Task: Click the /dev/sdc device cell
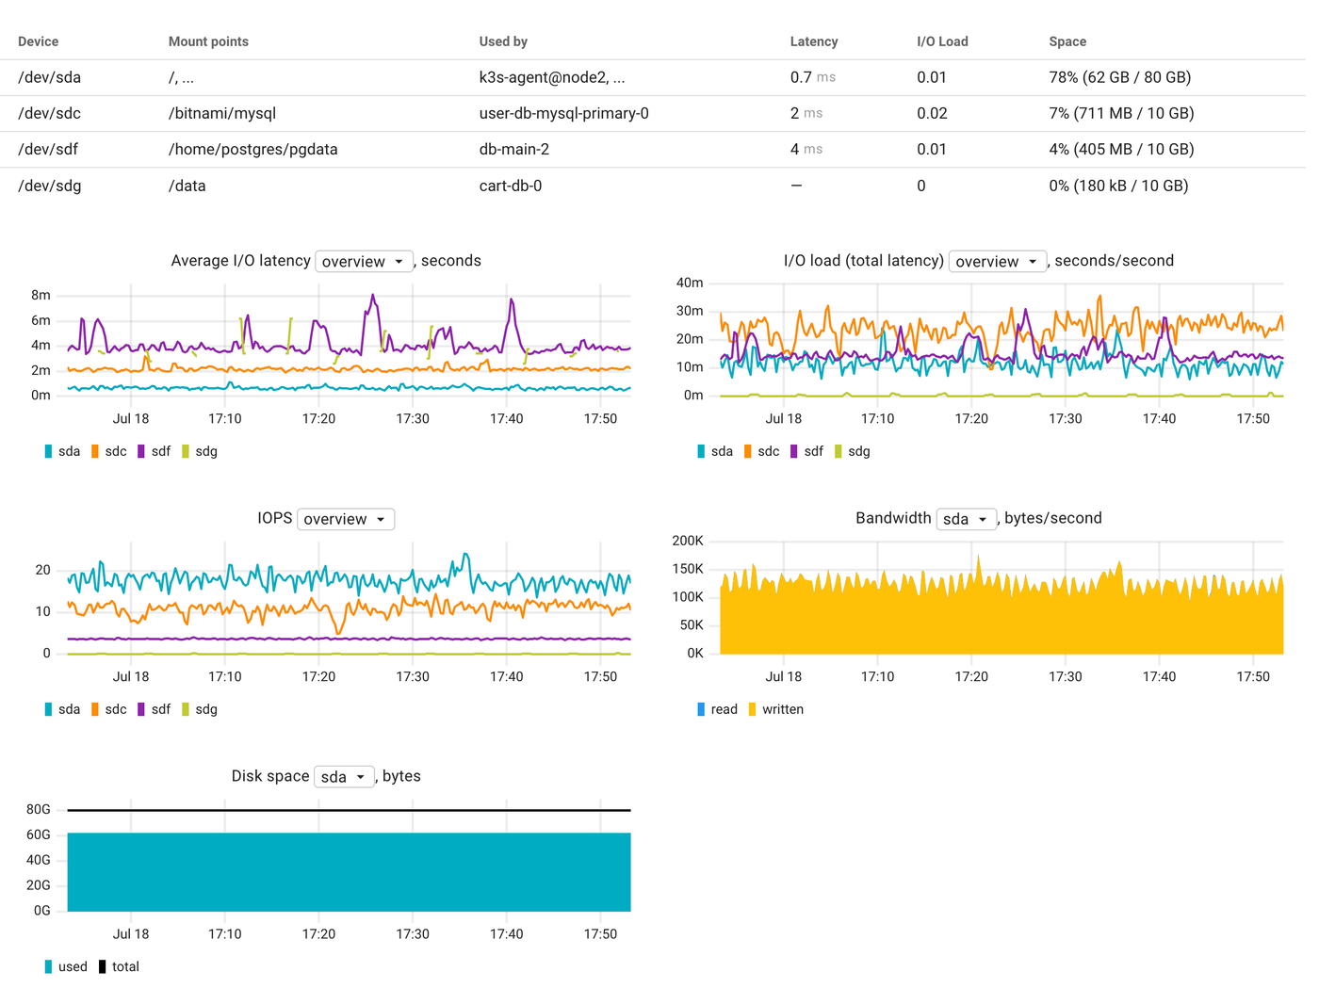coord(49,113)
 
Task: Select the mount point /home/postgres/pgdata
coord(252,149)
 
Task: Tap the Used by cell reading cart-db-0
coord(510,186)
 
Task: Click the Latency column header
coord(813,41)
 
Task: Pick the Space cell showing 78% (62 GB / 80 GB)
coord(1119,77)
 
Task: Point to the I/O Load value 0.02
coord(932,113)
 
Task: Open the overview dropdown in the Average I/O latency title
coord(364,261)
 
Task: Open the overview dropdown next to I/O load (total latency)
coord(997,261)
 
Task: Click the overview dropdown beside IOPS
coord(345,519)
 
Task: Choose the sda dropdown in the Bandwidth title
coord(966,519)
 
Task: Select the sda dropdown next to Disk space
coord(344,777)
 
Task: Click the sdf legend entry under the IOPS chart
coord(155,709)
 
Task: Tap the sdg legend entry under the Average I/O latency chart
coord(200,451)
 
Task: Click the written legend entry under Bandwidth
coord(775,709)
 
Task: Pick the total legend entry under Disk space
coord(119,966)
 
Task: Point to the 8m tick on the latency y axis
coord(41,295)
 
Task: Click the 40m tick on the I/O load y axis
coord(690,283)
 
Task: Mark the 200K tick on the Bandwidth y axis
coord(688,541)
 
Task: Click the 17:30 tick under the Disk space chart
coord(413,933)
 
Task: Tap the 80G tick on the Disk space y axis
coord(39,809)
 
